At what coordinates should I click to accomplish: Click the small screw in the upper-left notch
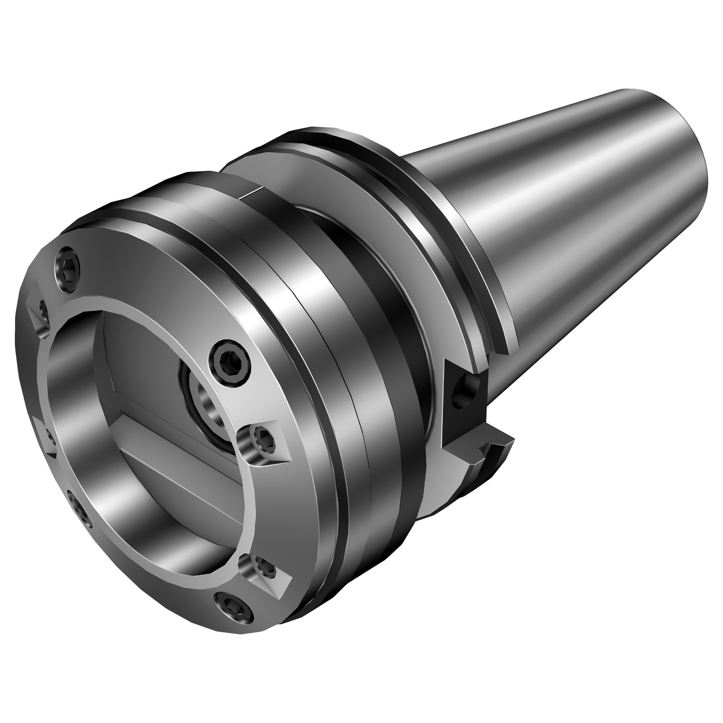(42, 313)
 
